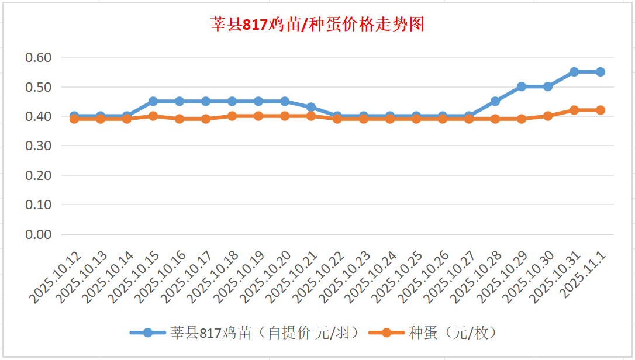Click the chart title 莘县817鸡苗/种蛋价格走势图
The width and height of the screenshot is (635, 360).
(317, 25)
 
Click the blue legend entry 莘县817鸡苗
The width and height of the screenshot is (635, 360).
(243, 333)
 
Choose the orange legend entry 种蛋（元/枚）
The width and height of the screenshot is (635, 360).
(435, 333)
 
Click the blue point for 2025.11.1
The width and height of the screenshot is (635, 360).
(600, 72)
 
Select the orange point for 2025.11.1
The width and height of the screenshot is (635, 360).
(600, 110)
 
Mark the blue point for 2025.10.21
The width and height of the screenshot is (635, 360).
(311, 107)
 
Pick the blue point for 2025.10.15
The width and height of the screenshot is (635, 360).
(153, 101)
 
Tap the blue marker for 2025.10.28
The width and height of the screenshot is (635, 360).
(495, 101)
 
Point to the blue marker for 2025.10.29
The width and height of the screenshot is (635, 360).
(522, 86)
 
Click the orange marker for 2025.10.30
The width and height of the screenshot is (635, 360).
(548, 116)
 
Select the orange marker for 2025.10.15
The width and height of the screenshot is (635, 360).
(153, 116)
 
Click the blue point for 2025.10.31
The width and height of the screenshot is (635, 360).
(574, 72)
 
